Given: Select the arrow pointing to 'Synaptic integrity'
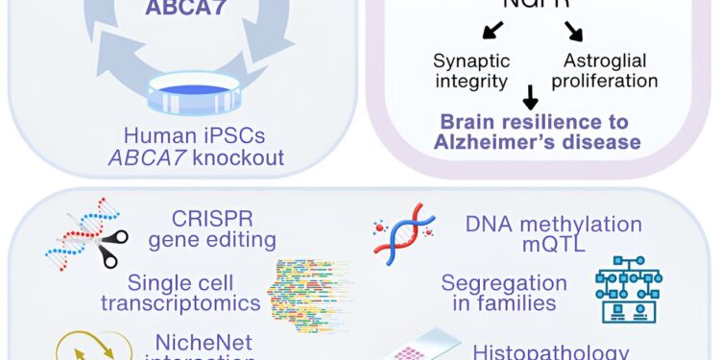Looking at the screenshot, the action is (x=491, y=31).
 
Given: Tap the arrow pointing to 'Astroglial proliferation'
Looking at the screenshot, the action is (x=573, y=31).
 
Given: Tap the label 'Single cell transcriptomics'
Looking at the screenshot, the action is (x=195, y=293).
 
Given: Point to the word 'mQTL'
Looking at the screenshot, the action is (x=553, y=247).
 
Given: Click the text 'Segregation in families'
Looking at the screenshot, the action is (x=504, y=293).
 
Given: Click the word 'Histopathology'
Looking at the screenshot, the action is (x=551, y=351).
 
